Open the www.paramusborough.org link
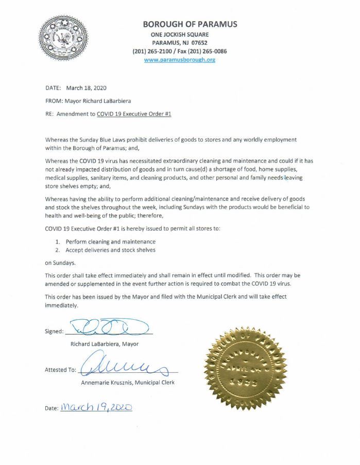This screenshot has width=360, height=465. point(179,60)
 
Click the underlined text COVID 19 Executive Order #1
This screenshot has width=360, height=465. point(133,115)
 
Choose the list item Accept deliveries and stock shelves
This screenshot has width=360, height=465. point(110,250)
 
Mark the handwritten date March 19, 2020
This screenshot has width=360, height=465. point(96,407)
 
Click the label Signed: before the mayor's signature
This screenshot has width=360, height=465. point(55,331)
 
